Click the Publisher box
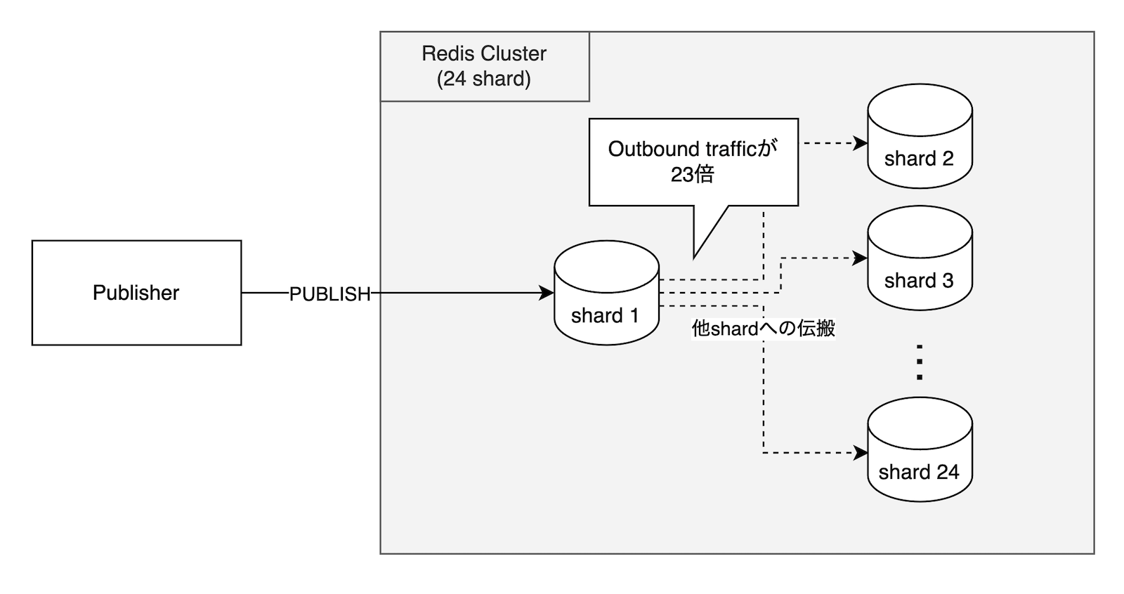pyautogui.click(x=136, y=293)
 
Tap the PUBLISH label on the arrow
pyautogui.click(x=329, y=294)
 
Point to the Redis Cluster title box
pyautogui.click(x=484, y=66)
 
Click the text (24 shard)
pyautogui.click(x=484, y=79)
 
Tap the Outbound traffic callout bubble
pyautogui.click(x=693, y=161)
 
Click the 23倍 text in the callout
pyautogui.click(x=692, y=174)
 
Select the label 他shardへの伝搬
pyautogui.click(x=763, y=328)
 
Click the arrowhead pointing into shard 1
pyautogui.click(x=547, y=293)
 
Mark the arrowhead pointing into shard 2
pyautogui.click(x=861, y=143)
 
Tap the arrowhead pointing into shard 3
pyautogui.click(x=861, y=258)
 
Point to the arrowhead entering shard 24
pyautogui.click(x=861, y=453)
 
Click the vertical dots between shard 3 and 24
pyautogui.click(x=919, y=362)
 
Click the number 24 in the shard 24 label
pyautogui.click(x=947, y=472)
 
